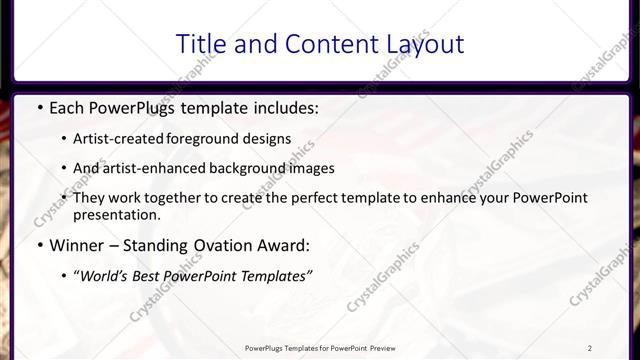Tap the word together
coord(192,199)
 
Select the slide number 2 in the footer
coord(590,348)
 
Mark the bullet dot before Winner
coord(39,246)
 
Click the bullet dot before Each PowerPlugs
coord(39,106)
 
